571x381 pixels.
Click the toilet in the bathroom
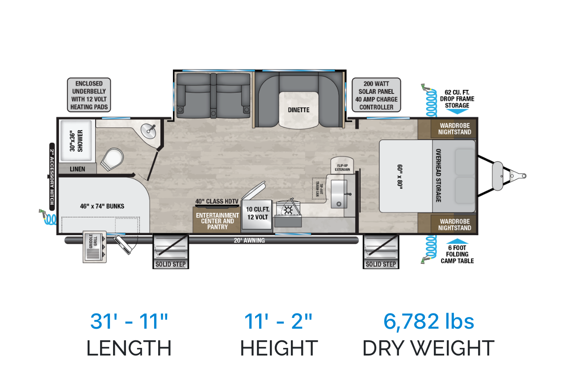[x=112, y=159]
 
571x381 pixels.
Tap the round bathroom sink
[x=149, y=131]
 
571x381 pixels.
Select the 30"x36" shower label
[x=76, y=140]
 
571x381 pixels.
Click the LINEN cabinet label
[x=77, y=169]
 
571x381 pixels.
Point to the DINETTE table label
[x=298, y=110]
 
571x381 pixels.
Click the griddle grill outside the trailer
[x=95, y=247]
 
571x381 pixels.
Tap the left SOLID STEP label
[x=171, y=264]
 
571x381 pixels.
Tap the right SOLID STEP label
[x=381, y=264]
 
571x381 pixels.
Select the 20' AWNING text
[x=249, y=241]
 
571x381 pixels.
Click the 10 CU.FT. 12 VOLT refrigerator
[x=257, y=214]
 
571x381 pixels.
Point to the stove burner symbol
[x=288, y=211]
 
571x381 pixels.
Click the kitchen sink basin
[x=339, y=194]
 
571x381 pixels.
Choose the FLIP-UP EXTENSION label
[x=342, y=167]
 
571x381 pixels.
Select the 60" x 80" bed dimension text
[x=400, y=177]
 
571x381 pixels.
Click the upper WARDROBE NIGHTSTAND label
[x=454, y=129]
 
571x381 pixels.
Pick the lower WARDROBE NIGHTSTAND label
[x=454, y=224]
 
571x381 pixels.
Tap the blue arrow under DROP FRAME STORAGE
[x=457, y=111]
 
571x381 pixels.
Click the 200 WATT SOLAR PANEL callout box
[x=376, y=95]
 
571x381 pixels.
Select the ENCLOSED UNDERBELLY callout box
[x=89, y=95]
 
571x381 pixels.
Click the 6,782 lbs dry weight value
[x=428, y=321]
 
